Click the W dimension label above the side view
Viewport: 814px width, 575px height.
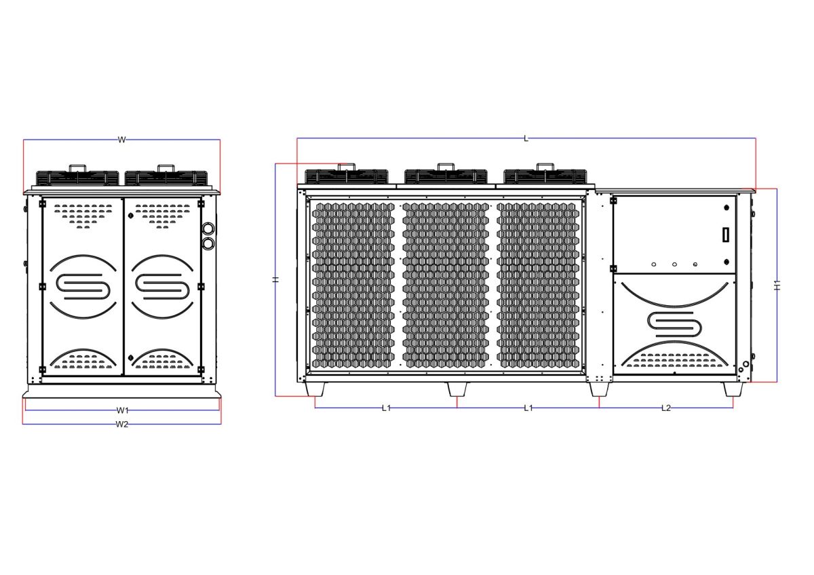pos(122,140)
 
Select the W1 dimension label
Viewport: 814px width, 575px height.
pos(122,410)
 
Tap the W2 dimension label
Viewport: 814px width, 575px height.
pos(122,424)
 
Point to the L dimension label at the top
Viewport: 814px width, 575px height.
pos(526,138)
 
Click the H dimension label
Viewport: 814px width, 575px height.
pos(275,279)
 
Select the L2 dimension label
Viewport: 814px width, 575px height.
pos(666,408)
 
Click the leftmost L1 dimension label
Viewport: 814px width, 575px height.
pos(386,408)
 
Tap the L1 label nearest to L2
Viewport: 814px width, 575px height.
pos(528,408)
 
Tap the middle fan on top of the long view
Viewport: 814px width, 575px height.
pos(446,175)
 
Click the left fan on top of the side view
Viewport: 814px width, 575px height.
pos(76,176)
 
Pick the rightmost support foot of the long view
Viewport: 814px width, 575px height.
pos(733,389)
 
